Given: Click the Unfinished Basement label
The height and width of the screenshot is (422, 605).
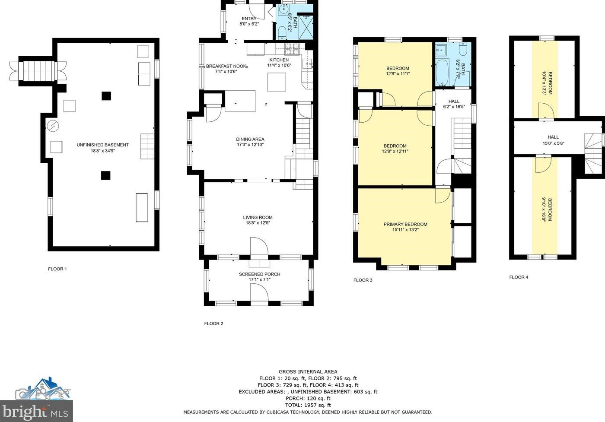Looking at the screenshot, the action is coord(103,145).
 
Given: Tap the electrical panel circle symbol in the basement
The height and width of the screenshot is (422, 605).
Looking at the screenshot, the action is coord(53,126).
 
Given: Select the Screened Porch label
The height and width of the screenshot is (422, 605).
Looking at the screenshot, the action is coord(260,274).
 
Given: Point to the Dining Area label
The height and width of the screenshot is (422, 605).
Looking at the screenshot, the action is coord(250,140).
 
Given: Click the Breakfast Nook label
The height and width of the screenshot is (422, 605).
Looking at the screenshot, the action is coord(226,66).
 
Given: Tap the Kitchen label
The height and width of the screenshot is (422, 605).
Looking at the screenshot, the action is coord(279,60).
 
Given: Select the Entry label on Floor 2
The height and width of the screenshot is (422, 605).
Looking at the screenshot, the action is coord(249,19).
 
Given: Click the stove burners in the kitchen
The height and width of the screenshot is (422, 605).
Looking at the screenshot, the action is coord(292,49).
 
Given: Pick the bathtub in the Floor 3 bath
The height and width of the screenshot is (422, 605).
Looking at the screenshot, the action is coord(442,72).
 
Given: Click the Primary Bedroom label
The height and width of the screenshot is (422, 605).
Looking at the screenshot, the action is coord(405,224).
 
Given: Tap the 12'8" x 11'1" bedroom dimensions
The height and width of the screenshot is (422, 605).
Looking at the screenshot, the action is coord(398,74).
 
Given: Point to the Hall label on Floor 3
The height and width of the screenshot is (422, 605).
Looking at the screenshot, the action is coord(454,102).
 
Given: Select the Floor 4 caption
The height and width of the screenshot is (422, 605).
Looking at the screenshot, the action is coord(519,277).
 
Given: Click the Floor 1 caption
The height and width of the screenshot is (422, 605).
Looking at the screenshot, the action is coord(57,269).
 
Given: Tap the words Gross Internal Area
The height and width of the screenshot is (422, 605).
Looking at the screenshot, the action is coord(308,371).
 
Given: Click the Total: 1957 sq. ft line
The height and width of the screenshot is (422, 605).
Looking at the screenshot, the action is coord(308,405).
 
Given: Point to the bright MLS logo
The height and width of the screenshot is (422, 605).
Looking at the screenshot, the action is coord(36,411).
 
